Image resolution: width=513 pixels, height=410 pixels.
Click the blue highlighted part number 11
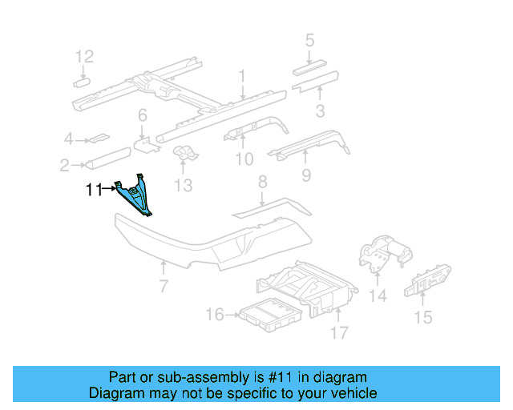click(136, 196)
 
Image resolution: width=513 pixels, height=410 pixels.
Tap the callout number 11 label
click(95, 190)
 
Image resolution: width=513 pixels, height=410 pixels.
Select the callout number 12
click(84, 56)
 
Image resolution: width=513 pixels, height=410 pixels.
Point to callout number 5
click(309, 40)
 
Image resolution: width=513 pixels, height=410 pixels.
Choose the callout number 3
click(319, 111)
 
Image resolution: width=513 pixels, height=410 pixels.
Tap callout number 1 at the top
click(240, 76)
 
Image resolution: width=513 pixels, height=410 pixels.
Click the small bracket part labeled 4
click(99, 139)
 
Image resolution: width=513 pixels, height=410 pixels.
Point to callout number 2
click(64, 166)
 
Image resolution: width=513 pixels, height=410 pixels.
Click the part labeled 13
click(184, 155)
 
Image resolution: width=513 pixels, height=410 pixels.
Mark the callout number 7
click(163, 286)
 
